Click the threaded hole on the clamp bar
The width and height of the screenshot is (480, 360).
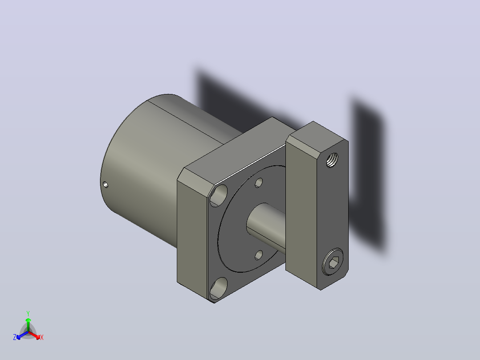click(x=332, y=160)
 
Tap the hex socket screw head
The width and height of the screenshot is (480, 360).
click(x=333, y=262)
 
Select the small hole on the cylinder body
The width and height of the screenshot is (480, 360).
click(x=105, y=184)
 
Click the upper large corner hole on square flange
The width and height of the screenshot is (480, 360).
click(x=219, y=196)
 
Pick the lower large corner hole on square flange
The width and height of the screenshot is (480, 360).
click(x=219, y=288)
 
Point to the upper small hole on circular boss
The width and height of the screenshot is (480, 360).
click(x=259, y=183)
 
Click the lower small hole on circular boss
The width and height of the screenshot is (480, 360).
click(x=259, y=255)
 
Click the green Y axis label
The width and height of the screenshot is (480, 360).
click(x=28, y=313)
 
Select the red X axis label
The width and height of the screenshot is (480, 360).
click(x=42, y=337)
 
